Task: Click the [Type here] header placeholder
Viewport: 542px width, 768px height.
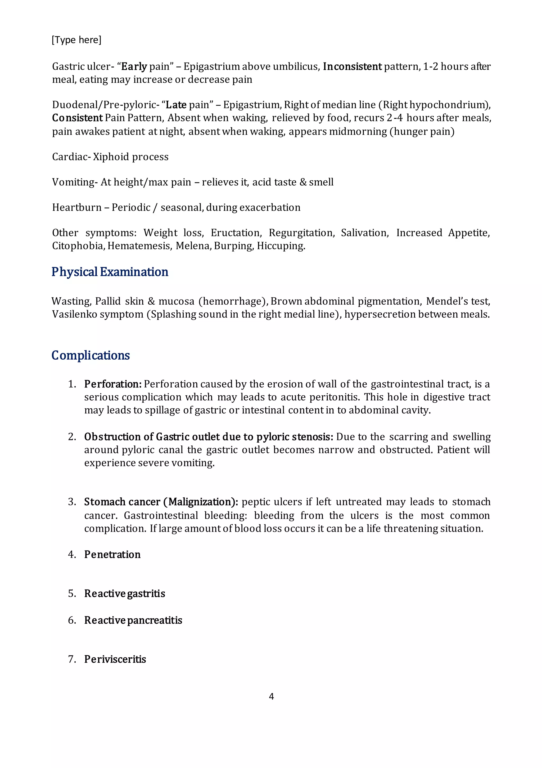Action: click(76, 40)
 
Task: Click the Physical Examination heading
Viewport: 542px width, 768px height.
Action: click(110, 272)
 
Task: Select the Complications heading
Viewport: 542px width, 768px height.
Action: click(90, 355)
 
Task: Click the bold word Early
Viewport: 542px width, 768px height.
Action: click(134, 66)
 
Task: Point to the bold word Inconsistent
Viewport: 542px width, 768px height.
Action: click(352, 66)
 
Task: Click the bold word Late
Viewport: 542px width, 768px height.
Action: click(176, 105)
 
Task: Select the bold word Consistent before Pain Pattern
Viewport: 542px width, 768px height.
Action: click(77, 118)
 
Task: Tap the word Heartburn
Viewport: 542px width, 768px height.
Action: click(76, 207)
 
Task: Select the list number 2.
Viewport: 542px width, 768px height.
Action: click(72, 437)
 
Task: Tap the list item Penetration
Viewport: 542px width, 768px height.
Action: click(112, 555)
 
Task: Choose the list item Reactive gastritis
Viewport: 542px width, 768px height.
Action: click(124, 594)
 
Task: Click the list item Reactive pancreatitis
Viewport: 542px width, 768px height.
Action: click(133, 620)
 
